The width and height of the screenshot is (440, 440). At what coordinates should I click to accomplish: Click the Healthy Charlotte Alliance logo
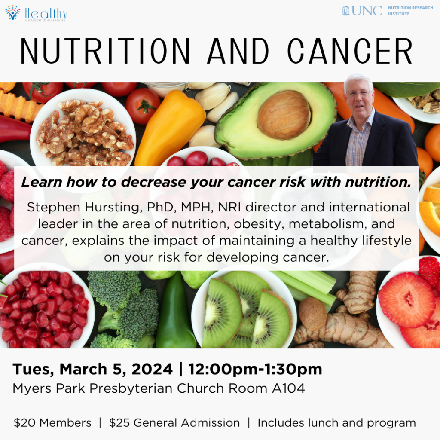pos(36,13)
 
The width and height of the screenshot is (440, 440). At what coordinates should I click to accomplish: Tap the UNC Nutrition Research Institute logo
pos(387,11)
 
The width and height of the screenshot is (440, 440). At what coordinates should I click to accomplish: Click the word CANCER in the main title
pos(350,51)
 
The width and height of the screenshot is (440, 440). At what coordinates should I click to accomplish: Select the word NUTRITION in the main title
pos(105,51)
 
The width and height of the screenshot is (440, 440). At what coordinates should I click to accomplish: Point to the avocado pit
pos(284,115)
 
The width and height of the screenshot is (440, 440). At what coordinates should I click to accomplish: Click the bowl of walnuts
pos(83,132)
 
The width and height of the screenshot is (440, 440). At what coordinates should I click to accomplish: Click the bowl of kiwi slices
pos(244,309)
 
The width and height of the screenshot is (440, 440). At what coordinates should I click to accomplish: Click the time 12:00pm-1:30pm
pos(255,369)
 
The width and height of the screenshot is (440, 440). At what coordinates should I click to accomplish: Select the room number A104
pos(288,388)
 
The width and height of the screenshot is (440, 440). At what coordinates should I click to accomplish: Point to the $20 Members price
pos(52,423)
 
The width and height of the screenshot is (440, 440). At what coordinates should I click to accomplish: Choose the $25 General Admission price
pos(174,423)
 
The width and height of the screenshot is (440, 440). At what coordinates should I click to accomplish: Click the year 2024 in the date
pos(152,369)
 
